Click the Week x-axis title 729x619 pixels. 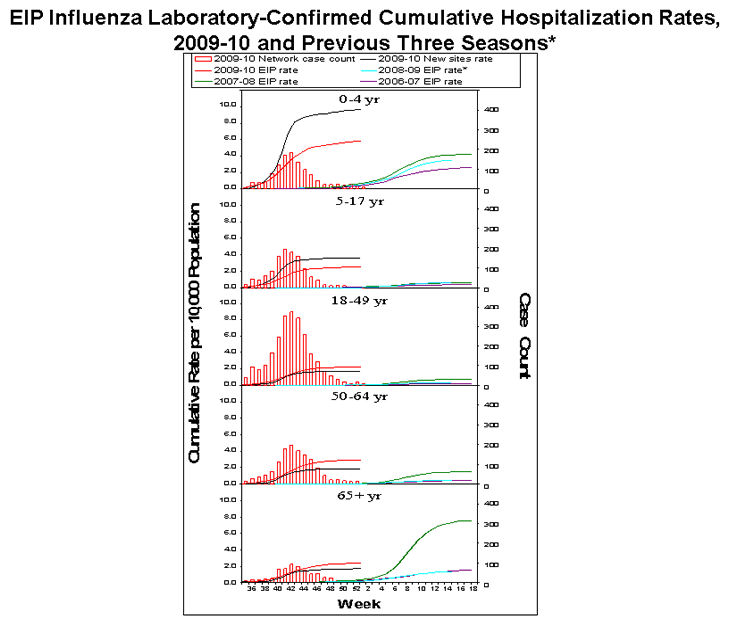[x=359, y=604]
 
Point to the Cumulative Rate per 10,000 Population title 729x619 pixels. [x=196, y=332]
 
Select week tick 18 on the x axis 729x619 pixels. [x=472, y=590]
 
